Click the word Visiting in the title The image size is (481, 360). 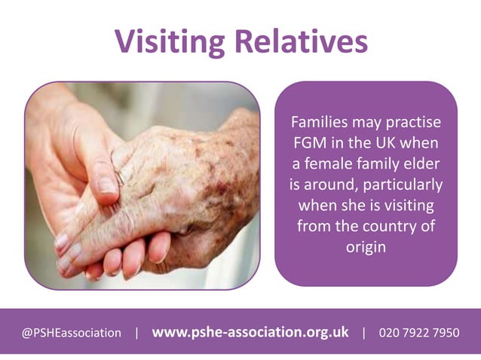point(170,41)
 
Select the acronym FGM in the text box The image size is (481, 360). point(309,142)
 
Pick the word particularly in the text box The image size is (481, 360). point(405,183)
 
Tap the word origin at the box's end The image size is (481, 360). point(366,246)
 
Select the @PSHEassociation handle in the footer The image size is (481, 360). point(72,332)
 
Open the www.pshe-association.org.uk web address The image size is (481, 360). point(250,331)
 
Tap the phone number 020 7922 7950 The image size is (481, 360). point(419,332)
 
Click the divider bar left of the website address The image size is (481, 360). point(136,332)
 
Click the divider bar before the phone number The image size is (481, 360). point(364,332)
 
